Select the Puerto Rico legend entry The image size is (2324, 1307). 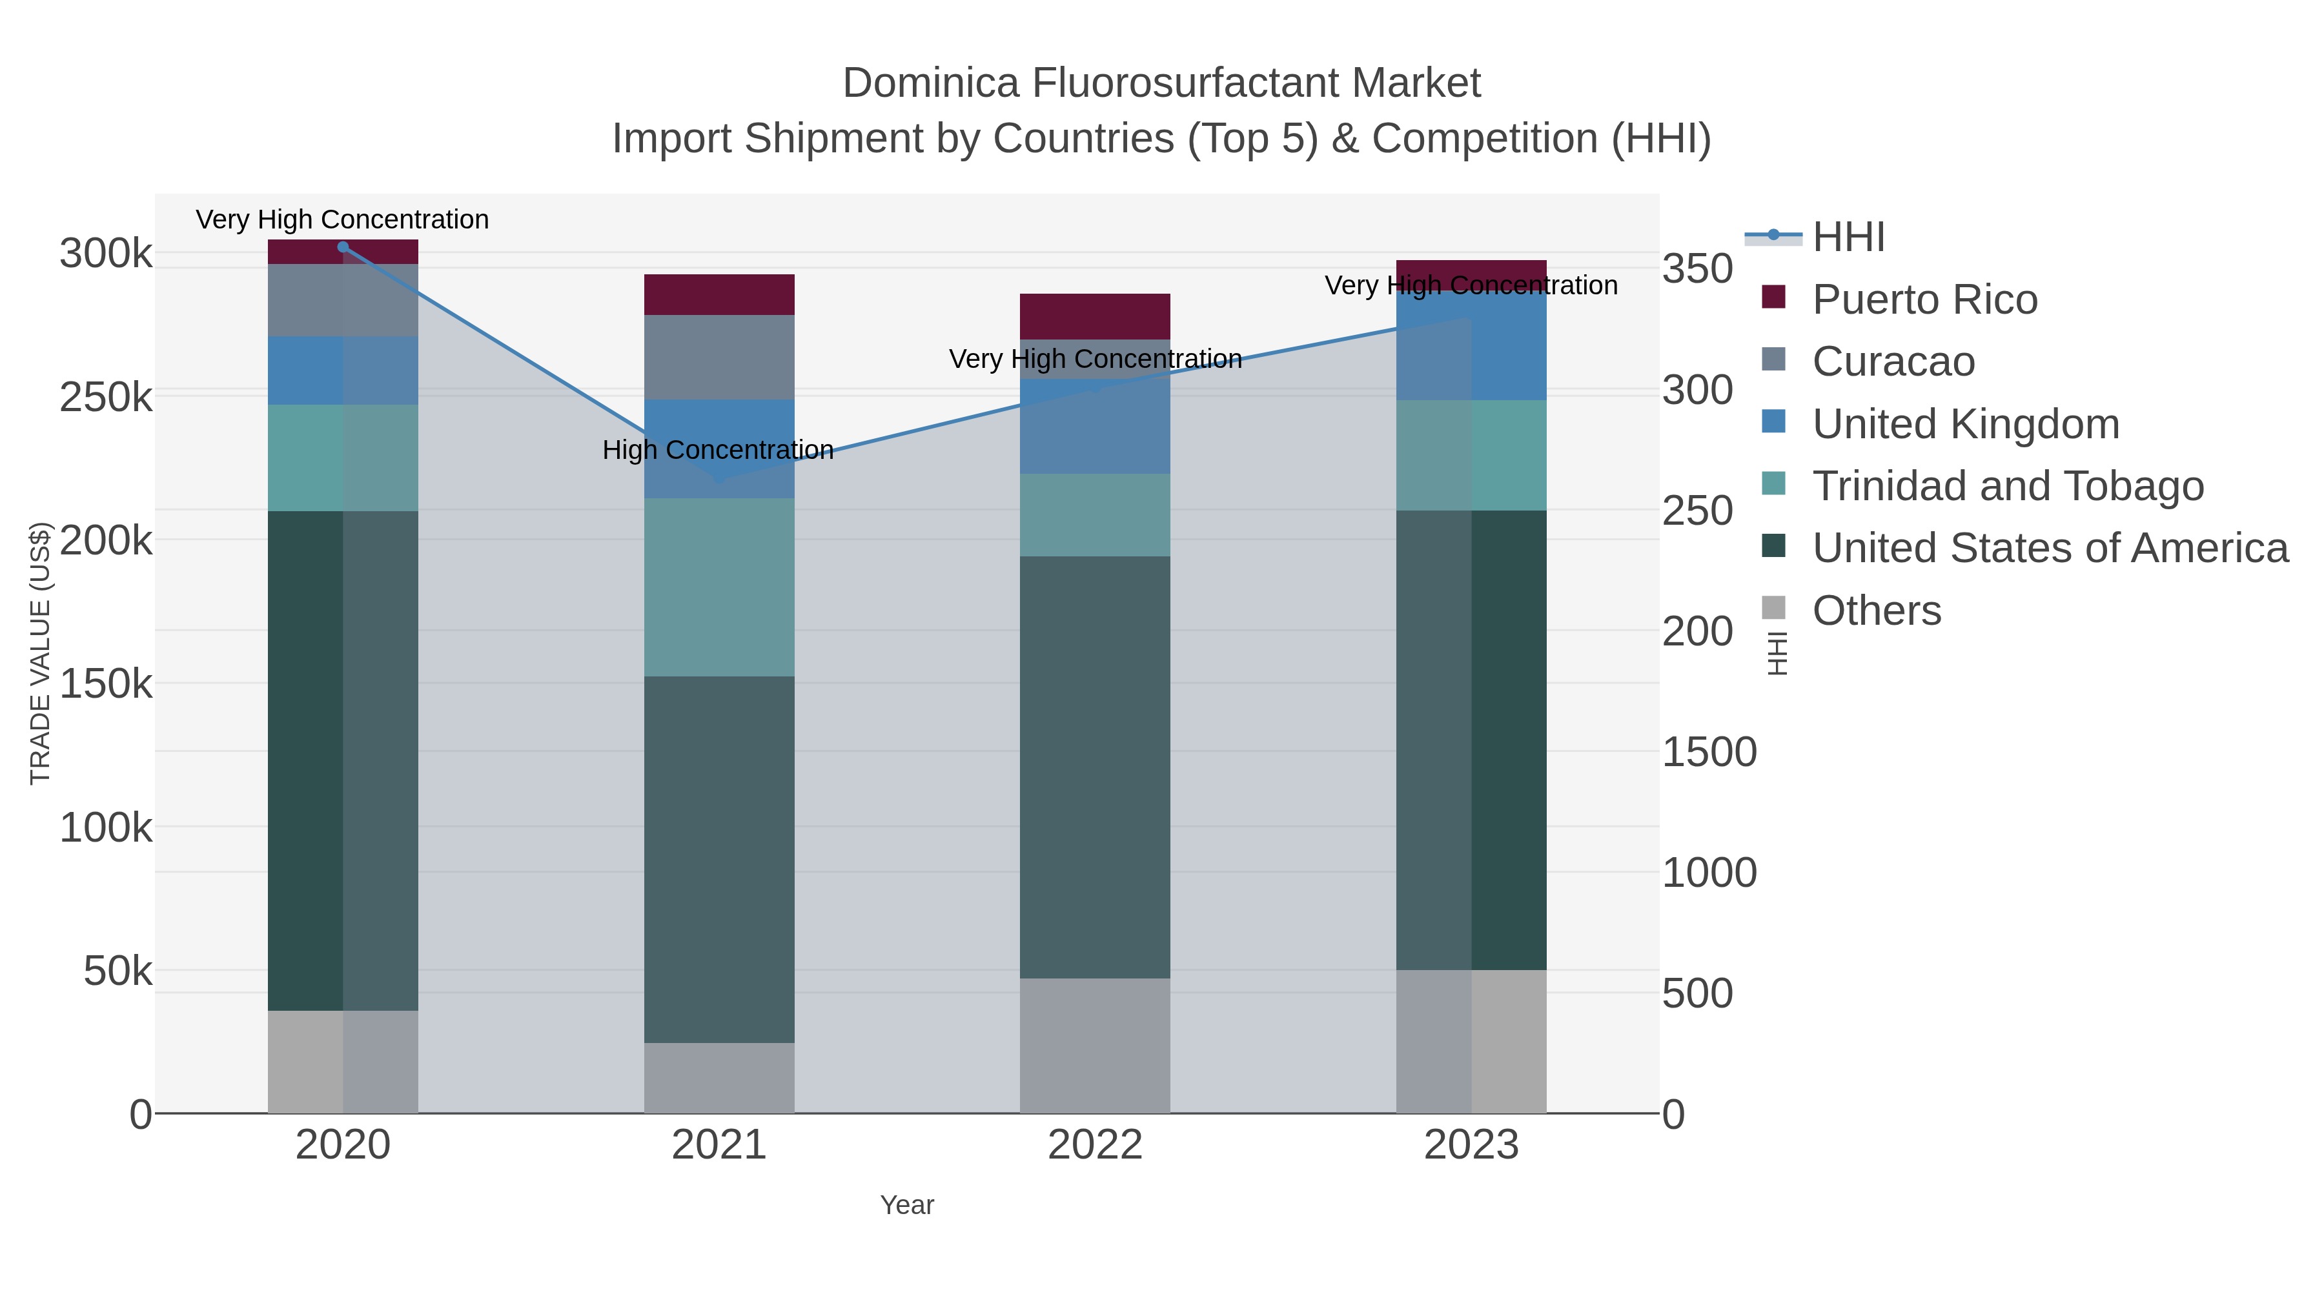pyautogui.click(x=1924, y=299)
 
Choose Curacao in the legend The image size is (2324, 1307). pyautogui.click(x=1893, y=361)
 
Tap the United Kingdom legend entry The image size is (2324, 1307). pyautogui.click(x=1965, y=424)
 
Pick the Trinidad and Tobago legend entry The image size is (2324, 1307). pyautogui.click(x=2007, y=486)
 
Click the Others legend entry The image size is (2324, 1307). pyautogui.click(x=1877, y=611)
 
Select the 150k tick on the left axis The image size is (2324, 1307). pyautogui.click(x=107, y=684)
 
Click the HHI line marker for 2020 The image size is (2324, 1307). pyautogui.click(x=343, y=247)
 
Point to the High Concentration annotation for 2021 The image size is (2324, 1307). pyautogui.click(x=718, y=449)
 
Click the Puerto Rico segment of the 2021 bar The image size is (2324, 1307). pyautogui.click(x=719, y=295)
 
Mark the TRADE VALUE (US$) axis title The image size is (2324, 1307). pyautogui.click(x=39, y=653)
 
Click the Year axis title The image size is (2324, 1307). pyautogui.click(x=907, y=1205)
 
